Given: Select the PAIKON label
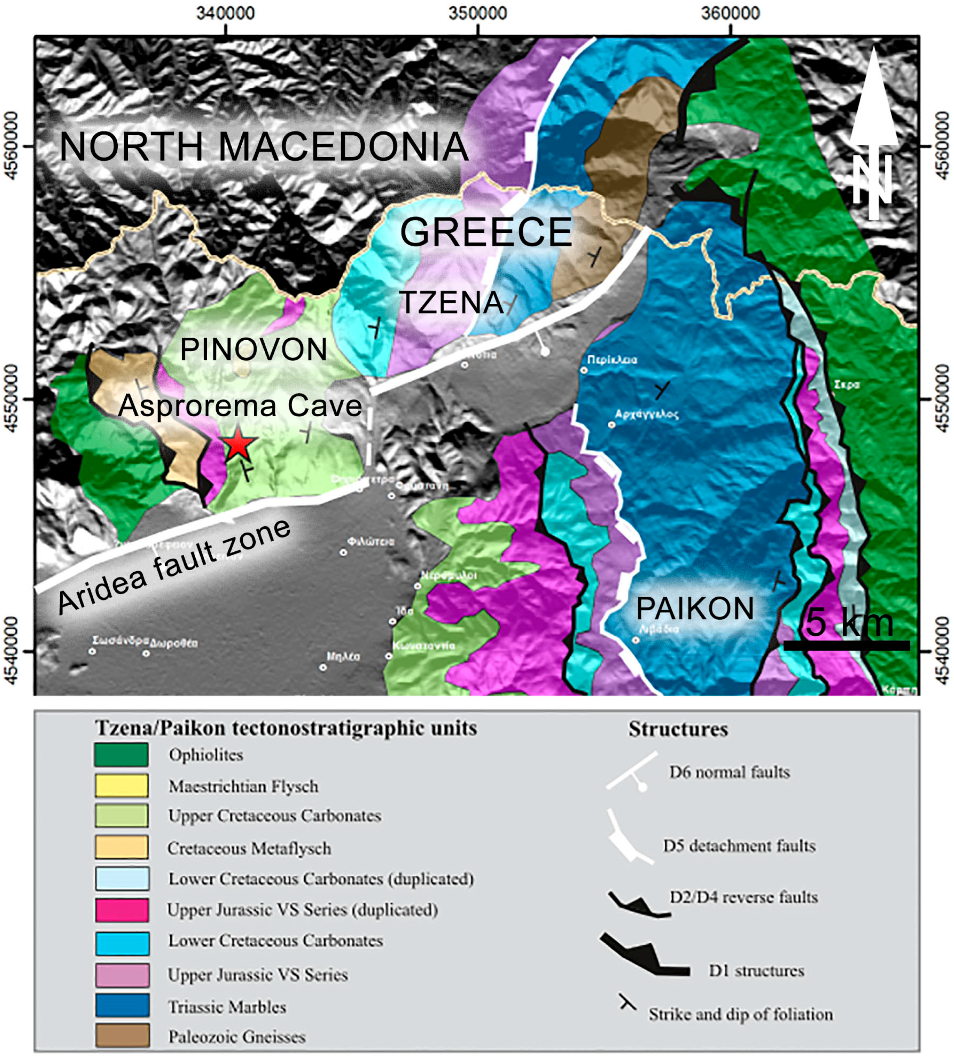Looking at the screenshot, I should tap(695, 609).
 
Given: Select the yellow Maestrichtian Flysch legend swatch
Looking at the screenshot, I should tap(122, 786).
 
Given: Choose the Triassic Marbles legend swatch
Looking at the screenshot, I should tap(122, 1005).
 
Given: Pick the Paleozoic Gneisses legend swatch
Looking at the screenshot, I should tap(122, 1036).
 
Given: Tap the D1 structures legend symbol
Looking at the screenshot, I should tap(644, 955).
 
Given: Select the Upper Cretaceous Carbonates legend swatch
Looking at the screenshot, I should tap(122, 816).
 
